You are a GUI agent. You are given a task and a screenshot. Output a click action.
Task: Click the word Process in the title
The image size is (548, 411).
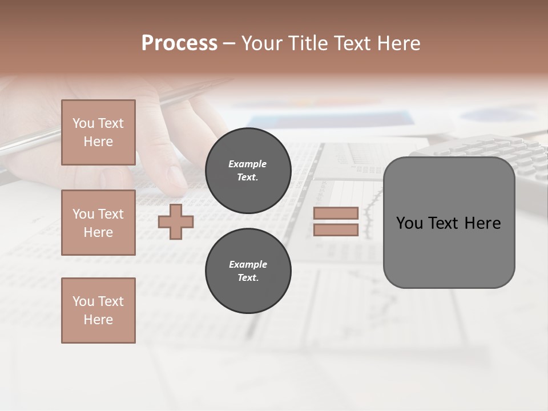click(179, 43)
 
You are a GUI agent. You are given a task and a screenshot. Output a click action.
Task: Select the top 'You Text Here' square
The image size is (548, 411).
click(98, 132)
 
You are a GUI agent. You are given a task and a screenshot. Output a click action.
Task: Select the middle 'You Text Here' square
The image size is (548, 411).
click(98, 223)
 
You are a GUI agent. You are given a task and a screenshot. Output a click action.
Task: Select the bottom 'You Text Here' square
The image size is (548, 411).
click(98, 310)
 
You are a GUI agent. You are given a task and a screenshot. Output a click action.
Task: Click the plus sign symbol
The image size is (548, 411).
click(176, 221)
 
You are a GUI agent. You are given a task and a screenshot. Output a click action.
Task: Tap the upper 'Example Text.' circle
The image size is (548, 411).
click(248, 171)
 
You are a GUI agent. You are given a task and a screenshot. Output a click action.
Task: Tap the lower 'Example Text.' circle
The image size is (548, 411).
click(248, 271)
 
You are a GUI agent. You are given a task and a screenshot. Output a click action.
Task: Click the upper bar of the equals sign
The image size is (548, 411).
click(336, 213)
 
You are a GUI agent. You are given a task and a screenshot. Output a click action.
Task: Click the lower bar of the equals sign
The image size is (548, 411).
click(336, 230)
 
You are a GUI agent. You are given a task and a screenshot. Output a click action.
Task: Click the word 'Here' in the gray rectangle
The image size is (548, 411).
click(482, 223)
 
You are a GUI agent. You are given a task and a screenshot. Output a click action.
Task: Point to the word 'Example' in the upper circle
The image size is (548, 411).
click(248, 164)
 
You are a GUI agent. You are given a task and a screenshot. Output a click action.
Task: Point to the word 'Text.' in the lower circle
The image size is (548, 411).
click(248, 278)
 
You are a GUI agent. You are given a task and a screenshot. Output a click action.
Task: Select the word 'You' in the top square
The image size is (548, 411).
click(83, 123)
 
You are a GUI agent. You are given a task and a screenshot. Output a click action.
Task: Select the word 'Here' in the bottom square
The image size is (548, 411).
click(98, 320)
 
